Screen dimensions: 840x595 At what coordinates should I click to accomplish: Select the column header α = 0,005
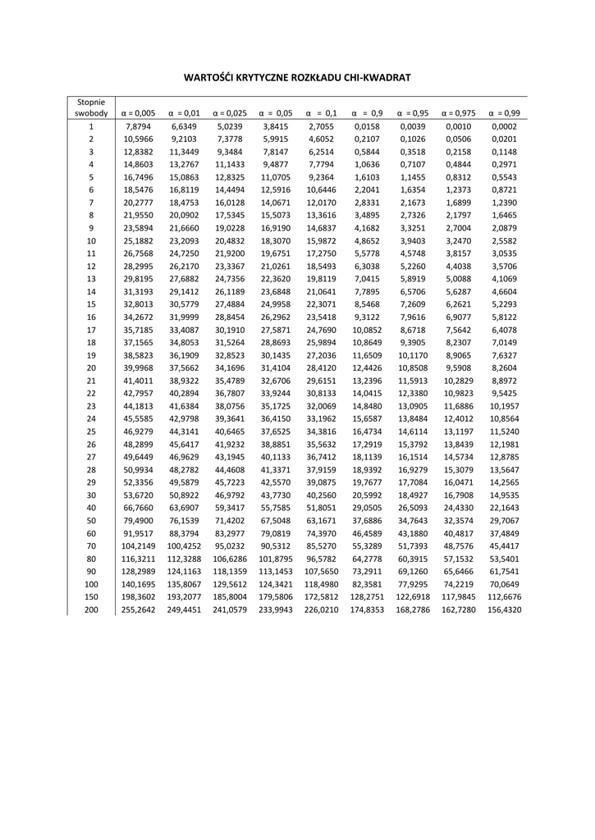point(138,113)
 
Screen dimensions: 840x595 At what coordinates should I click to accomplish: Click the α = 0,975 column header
point(459,113)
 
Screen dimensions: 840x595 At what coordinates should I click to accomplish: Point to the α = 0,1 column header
point(322,113)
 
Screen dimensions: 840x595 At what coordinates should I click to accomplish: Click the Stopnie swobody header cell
point(91,107)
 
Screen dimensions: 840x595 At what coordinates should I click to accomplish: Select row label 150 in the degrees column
point(91,597)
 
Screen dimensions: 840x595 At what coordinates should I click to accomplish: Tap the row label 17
point(91,330)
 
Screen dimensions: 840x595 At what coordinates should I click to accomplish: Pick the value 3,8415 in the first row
point(276,127)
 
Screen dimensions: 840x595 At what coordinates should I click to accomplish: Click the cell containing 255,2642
point(138,610)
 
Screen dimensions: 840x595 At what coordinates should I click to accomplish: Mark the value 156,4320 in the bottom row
point(505,610)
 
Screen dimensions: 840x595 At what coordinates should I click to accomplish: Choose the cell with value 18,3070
point(276,241)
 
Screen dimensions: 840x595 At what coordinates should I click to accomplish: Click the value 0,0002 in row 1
point(505,127)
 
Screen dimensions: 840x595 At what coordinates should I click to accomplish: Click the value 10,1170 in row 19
point(414,355)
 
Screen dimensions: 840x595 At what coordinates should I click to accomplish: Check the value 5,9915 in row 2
point(276,139)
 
